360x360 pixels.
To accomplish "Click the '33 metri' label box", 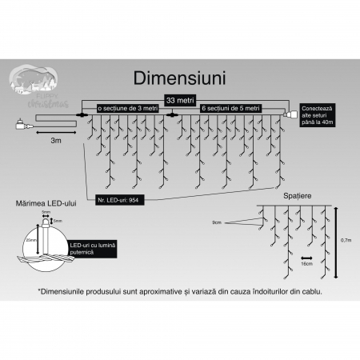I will click(x=180, y=100).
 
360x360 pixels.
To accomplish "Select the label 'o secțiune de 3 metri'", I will click(x=127, y=108).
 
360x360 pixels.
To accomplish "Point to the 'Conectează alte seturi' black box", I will click(x=323, y=113).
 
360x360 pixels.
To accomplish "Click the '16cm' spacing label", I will click(x=306, y=263).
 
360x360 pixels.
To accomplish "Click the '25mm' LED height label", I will click(x=30, y=239).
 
